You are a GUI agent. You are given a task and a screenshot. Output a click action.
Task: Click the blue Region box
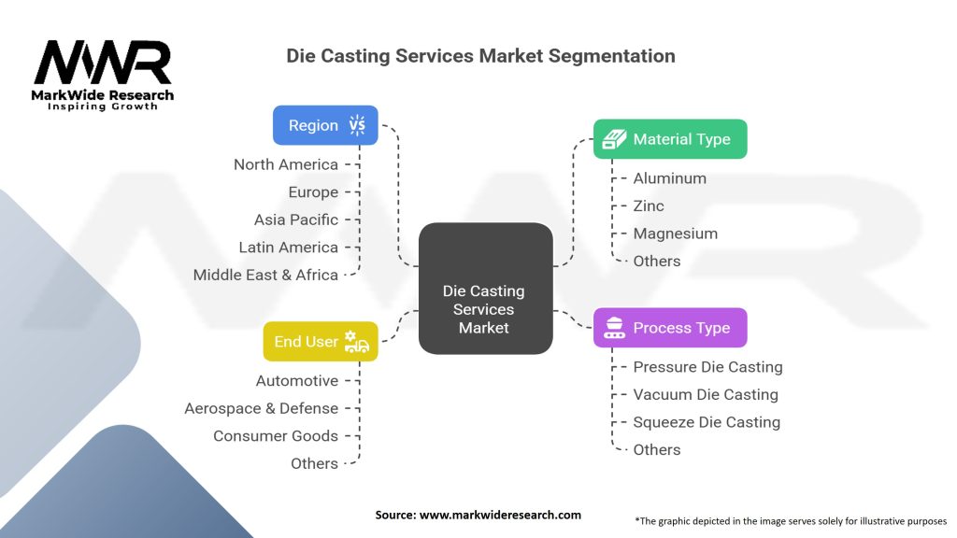click(x=325, y=125)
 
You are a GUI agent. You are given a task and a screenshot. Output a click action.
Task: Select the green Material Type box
click(x=670, y=139)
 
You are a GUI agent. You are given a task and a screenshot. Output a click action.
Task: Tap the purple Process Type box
click(x=670, y=328)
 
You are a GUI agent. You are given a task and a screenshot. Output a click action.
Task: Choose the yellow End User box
click(x=321, y=342)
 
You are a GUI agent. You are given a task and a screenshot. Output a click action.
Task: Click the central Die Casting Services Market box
click(x=486, y=289)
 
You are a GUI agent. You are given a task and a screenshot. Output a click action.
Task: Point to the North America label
click(x=286, y=164)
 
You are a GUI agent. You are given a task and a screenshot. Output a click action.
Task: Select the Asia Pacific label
click(x=296, y=219)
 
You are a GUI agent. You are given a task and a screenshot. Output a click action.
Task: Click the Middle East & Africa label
click(x=265, y=276)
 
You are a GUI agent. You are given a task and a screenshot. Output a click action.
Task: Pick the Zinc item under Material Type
click(x=649, y=206)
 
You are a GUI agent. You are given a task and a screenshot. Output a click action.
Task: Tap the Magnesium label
click(x=675, y=234)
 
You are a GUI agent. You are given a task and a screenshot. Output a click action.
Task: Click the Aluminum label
click(x=669, y=178)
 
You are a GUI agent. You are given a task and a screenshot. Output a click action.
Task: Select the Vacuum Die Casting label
click(x=706, y=395)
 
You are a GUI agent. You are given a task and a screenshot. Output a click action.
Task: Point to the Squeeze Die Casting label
click(x=707, y=422)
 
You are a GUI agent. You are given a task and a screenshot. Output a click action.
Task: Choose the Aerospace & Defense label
click(x=262, y=408)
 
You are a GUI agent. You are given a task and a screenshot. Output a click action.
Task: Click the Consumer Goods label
click(x=276, y=436)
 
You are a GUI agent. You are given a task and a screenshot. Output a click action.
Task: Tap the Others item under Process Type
click(x=657, y=449)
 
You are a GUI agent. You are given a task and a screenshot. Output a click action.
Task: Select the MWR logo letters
click(x=103, y=63)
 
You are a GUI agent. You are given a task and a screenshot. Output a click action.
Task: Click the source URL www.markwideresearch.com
click(x=500, y=515)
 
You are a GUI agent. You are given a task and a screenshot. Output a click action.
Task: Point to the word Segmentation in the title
click(x=611, y=56)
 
